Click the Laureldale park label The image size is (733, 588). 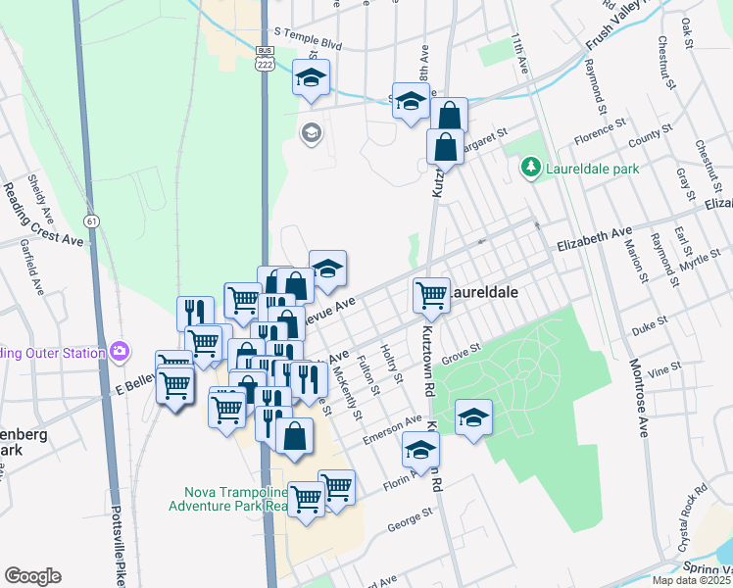(592, 169)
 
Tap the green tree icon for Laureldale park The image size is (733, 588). (530, 169)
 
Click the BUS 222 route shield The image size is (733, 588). (264, 58)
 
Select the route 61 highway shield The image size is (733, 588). (91, 221)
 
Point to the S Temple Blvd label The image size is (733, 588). (308, 45)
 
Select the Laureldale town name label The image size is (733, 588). (491, 293)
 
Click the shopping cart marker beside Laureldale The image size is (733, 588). (431, 295)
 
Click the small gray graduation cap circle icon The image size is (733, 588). (312, 132)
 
